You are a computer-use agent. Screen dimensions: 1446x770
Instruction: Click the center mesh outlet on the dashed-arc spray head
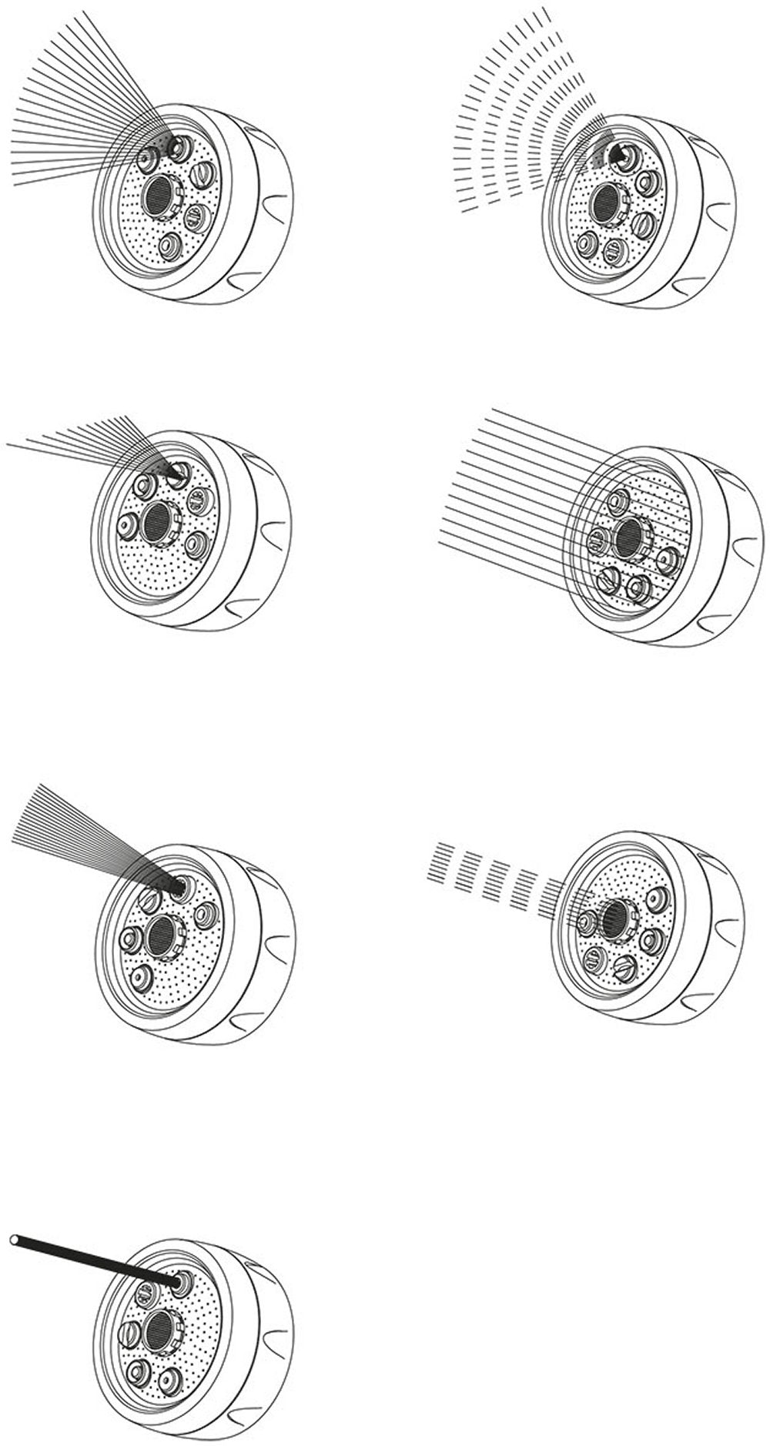tap(606, 203)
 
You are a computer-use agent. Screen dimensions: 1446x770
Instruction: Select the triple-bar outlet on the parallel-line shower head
tap(597, 540)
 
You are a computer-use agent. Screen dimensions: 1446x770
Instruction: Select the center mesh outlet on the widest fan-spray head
tap(161, 190)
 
